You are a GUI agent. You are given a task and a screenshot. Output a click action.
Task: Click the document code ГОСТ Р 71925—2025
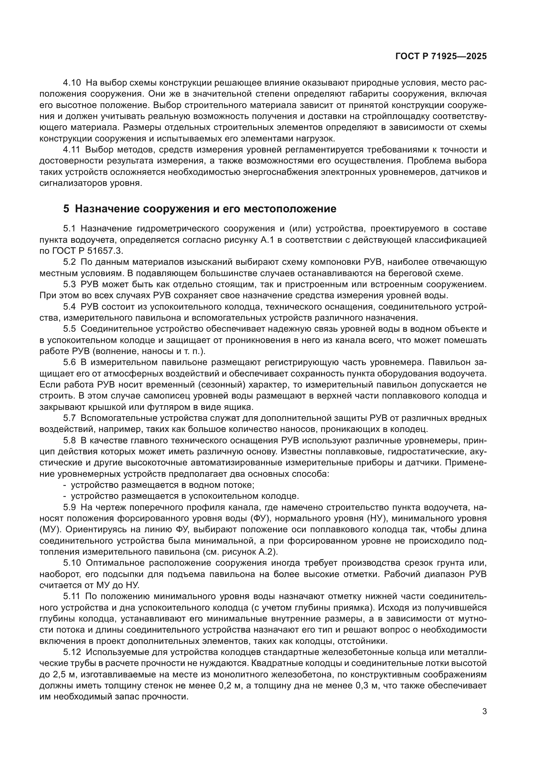(441, 57)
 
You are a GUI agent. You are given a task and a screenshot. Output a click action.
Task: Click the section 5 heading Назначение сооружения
(200, 209)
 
